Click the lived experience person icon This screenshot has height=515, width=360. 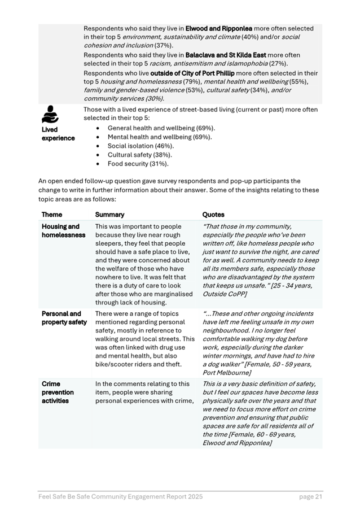coord(50,115)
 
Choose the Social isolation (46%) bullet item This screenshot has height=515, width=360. coord(141,146)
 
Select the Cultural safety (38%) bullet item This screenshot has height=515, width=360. coord(140,155)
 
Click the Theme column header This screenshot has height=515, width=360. coord(52,215)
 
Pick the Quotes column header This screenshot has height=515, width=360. coord(213,215)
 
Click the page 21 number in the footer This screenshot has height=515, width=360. coord(310,497)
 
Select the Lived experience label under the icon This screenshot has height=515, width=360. coord(58,134)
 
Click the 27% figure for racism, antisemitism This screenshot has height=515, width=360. coord(276,64)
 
